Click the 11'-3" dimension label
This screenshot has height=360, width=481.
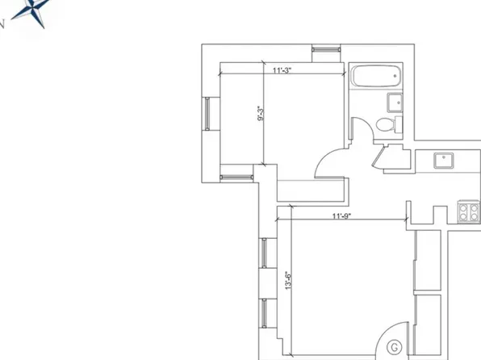pos(281,71)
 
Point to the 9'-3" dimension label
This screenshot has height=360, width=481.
pos(261,116)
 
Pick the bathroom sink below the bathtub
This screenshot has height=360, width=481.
pos(395,102)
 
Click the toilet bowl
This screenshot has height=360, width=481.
pos(387,124)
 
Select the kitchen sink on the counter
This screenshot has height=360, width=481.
pos(442,160)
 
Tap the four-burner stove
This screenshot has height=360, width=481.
pos(469,211)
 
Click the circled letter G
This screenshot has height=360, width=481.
pos(395,348)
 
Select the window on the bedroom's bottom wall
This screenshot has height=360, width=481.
pos(235,171)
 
